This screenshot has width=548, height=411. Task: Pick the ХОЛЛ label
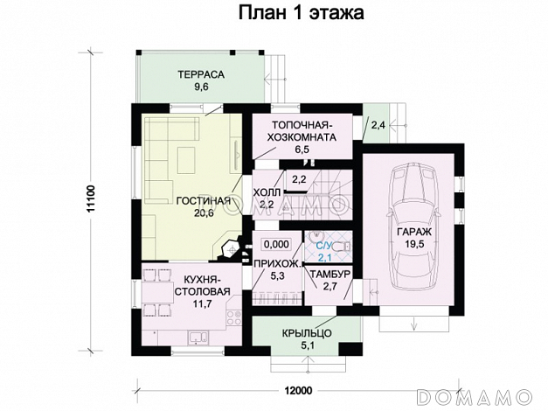click(267, 192)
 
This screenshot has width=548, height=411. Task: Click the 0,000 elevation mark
click(275, 244)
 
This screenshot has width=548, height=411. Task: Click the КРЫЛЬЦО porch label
click(305, 334)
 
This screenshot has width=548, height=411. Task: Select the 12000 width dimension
click(299, 389)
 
